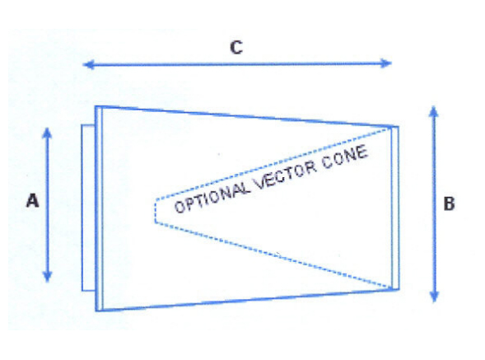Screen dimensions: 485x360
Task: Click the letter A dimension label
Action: coord(33,200)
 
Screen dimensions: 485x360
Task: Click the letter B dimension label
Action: coord(449,203)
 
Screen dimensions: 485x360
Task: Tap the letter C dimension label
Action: coord(236,48)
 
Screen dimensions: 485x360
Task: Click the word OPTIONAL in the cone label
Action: coord(212,197)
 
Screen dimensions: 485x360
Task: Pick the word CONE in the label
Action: coord(345,157)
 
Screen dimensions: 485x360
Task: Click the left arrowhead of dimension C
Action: coord(88,65)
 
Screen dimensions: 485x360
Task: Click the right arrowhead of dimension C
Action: coord(386,63)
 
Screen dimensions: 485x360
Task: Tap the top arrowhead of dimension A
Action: coord(47,133)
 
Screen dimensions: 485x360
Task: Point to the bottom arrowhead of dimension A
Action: coord(47,276)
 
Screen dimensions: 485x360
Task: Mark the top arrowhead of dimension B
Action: coord(434,111)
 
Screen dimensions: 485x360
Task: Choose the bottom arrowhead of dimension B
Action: coord(435,296)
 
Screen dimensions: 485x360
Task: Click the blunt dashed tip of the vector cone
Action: coord(156,211)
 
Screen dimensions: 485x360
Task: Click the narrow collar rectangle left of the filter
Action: coord(88,208)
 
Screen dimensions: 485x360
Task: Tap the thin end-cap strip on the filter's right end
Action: coord(395,208)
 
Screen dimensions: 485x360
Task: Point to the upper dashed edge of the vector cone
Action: coord(273,163)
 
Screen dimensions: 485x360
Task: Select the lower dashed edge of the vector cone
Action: coord(273,255)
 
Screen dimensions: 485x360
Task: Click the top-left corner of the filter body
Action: coord(96,107)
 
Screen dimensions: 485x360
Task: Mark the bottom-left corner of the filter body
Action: coord(96,311)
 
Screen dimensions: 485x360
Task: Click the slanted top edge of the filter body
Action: coord(247,116)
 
